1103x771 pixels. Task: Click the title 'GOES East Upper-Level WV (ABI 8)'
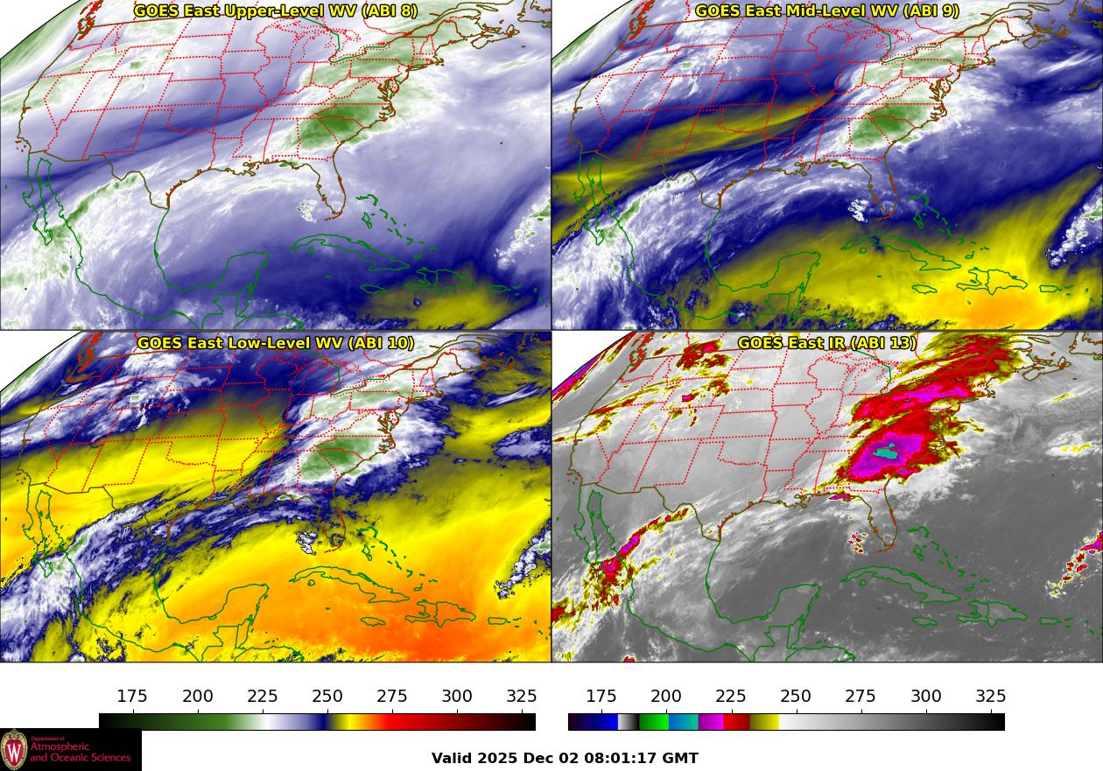[x=276, y=11]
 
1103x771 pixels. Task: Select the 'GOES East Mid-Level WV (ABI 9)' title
[x=827, y=11]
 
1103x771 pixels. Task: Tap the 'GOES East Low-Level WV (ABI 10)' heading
[x=276, y=343]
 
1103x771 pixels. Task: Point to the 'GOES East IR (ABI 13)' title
[x=827, y=343]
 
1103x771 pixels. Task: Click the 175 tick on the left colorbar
[x=132, y=697]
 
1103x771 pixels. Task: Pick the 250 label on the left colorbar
[x=327, y=697]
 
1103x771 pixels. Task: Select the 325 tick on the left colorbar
[x=522, y=697]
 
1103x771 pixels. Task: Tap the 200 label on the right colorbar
[x=666, y=697]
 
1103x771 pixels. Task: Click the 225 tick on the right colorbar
[x=731, y=697]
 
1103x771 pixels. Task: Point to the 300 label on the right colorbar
[x=926, y=697]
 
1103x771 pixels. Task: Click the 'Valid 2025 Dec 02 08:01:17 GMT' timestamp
[x=565, y=758]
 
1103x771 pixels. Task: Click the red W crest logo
[x=14, y=750]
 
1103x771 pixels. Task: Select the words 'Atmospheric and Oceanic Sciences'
[x=81, y=752]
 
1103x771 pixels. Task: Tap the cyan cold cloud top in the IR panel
[x=888, y=454]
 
